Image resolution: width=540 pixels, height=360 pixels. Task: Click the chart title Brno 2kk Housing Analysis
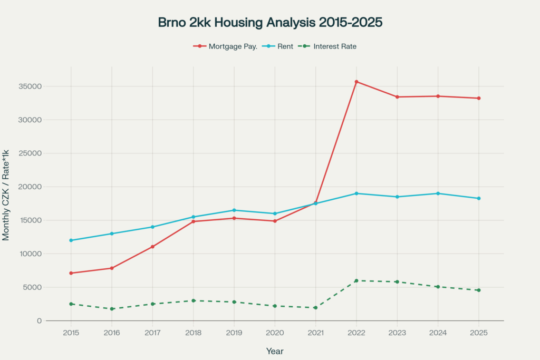click(x=270, y=23)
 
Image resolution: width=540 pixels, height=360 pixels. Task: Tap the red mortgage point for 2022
click(x=356, y=82)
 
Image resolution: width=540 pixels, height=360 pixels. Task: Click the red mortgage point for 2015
click(x=71, y=273)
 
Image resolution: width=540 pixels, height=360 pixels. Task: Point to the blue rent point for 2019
click(x=234, y=210)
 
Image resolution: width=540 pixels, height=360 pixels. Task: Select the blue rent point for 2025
click(x=479, y=198)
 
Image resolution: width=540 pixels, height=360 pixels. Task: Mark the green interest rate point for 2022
click(x=356, y=280)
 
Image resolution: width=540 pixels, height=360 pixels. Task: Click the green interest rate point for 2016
click(x=112, y=309)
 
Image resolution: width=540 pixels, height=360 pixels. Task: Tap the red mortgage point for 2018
click(x=194, y=221)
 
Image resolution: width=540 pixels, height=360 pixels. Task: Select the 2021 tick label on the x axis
click(x=316, y=333)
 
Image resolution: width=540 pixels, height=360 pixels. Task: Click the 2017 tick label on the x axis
click(x=153, y=333)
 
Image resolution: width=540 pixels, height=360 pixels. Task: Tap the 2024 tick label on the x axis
click(x=438, y=333)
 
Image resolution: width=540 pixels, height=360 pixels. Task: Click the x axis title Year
click(x=275, y=351)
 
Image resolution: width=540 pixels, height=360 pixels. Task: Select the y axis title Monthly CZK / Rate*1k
click(x=6, y=195)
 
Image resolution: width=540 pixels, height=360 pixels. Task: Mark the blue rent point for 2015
click(x=71, y=240)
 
